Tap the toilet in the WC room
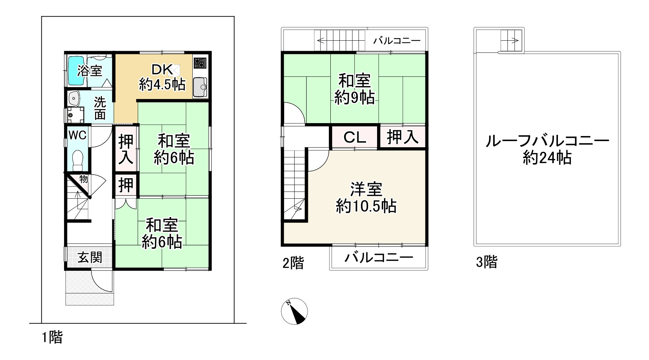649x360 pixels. pyautogui.click(x=77, y=160)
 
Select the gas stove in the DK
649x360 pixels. pyautogui.click(x=200, y=63)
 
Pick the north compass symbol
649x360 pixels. pyautogui.click(x=294, y=311)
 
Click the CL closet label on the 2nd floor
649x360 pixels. pyautogui.click(x=354, y=137)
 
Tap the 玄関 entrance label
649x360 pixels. pyautogui.click(x=90, y=257)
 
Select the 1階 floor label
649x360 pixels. pyautogui.click(x=52, y=337)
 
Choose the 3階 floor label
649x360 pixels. pyautogui.click(x=487, y=262)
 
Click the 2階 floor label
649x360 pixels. pyautogui.click(x=293, y=264)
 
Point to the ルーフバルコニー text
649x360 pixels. pyautogui.click(x=547, y=141)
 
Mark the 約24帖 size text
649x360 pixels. pyautogui.click(x=547, y=158)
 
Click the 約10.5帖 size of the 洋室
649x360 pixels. pyautogui.click(x=366, y=206)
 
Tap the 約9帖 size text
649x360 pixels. pyautogui.click(x=354, y=98)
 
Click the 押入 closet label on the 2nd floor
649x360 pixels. pyautogui.click(x=403, y=137)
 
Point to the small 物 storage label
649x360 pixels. pyautogui.click(x=83, y=178)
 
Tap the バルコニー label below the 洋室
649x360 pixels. pyautogui.click(x=378, y=258)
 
